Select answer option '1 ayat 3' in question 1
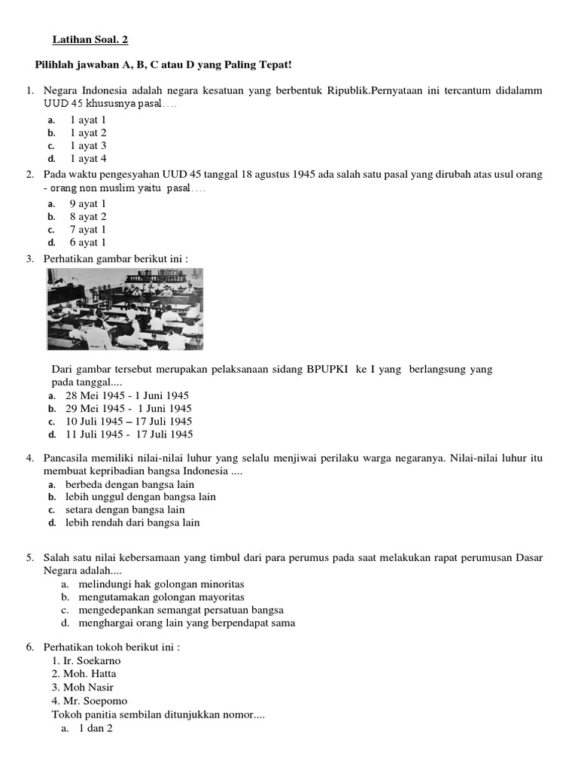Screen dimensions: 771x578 point(88,145)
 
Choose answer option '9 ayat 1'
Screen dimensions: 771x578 point(88,203)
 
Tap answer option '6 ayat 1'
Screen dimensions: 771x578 point(88,242)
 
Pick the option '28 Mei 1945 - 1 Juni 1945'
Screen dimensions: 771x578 point(127,395)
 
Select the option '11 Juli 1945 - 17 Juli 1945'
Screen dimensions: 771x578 point(129,434)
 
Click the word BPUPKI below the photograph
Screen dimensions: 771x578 point(328,370)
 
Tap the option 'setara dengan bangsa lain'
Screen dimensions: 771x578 point(125,510)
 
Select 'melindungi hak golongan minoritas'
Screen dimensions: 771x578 point(161,584)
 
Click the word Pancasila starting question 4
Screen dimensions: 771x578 point(69,458)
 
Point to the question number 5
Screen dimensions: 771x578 point(29,557)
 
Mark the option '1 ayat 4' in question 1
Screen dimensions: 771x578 point(88,159)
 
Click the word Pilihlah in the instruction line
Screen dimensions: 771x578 point(56,66)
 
